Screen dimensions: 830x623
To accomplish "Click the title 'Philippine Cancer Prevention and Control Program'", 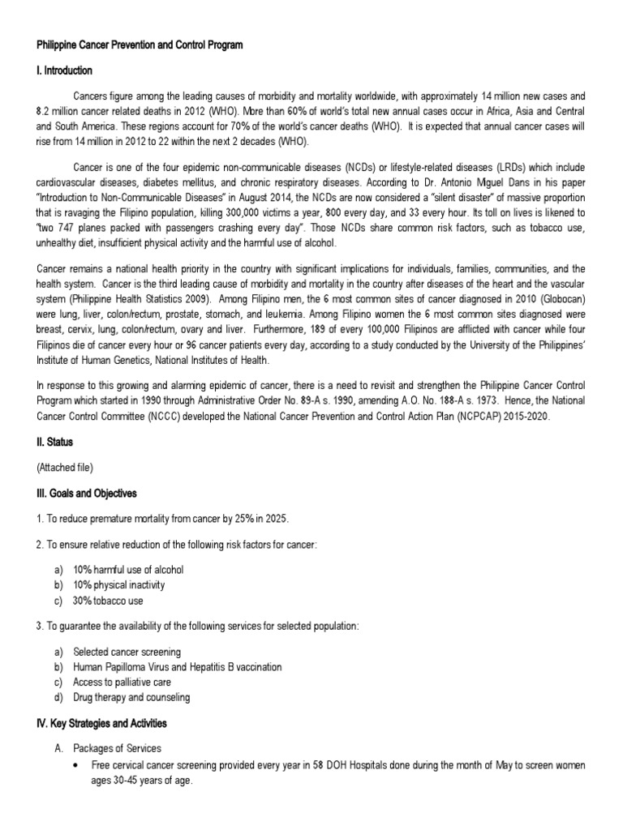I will pos(139,45).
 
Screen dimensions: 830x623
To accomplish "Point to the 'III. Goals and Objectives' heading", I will pos(86,494).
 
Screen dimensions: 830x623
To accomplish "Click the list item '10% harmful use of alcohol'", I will pos(128,570).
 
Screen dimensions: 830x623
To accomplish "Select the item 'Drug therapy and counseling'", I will pos(131,697).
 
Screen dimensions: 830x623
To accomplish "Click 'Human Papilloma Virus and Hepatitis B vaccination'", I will pos(177,666).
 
